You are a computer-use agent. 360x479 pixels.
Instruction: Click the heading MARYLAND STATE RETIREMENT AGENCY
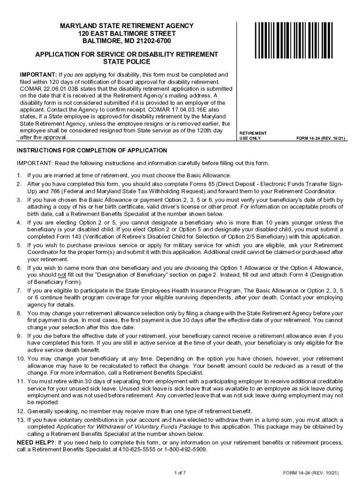click(x=127, y=25)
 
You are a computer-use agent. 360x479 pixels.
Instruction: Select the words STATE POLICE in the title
click(x=127, y=62)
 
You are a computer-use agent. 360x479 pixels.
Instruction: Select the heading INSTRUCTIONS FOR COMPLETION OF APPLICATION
click(x=92, y=151)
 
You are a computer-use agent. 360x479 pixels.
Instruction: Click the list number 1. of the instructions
click(x=19, y=175)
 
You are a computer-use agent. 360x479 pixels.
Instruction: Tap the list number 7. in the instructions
click(x=19, y=290)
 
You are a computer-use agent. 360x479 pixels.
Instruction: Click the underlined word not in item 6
click(x=61, y=275)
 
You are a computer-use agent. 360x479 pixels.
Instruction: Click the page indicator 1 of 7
click(x=180, y=472)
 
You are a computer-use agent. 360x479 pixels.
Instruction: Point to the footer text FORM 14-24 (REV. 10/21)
click(x=310, y=472)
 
